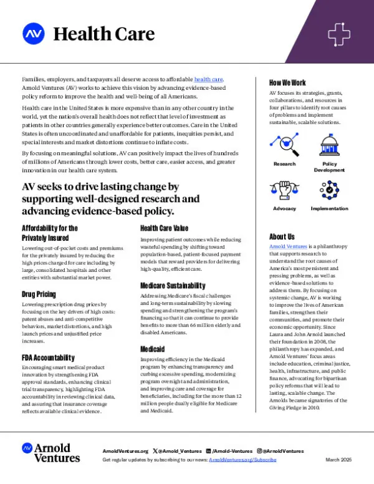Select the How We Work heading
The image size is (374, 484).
point(287,82)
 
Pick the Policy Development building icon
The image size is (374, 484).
point(328,147)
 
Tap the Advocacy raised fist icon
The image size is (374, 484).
point(284,191)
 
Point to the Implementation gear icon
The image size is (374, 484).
point(328,191)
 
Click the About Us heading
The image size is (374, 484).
point(282,236)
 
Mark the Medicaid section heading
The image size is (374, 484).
point(153,349)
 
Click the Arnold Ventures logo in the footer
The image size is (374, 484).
point(52,453)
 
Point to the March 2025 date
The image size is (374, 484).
point(338,459)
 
